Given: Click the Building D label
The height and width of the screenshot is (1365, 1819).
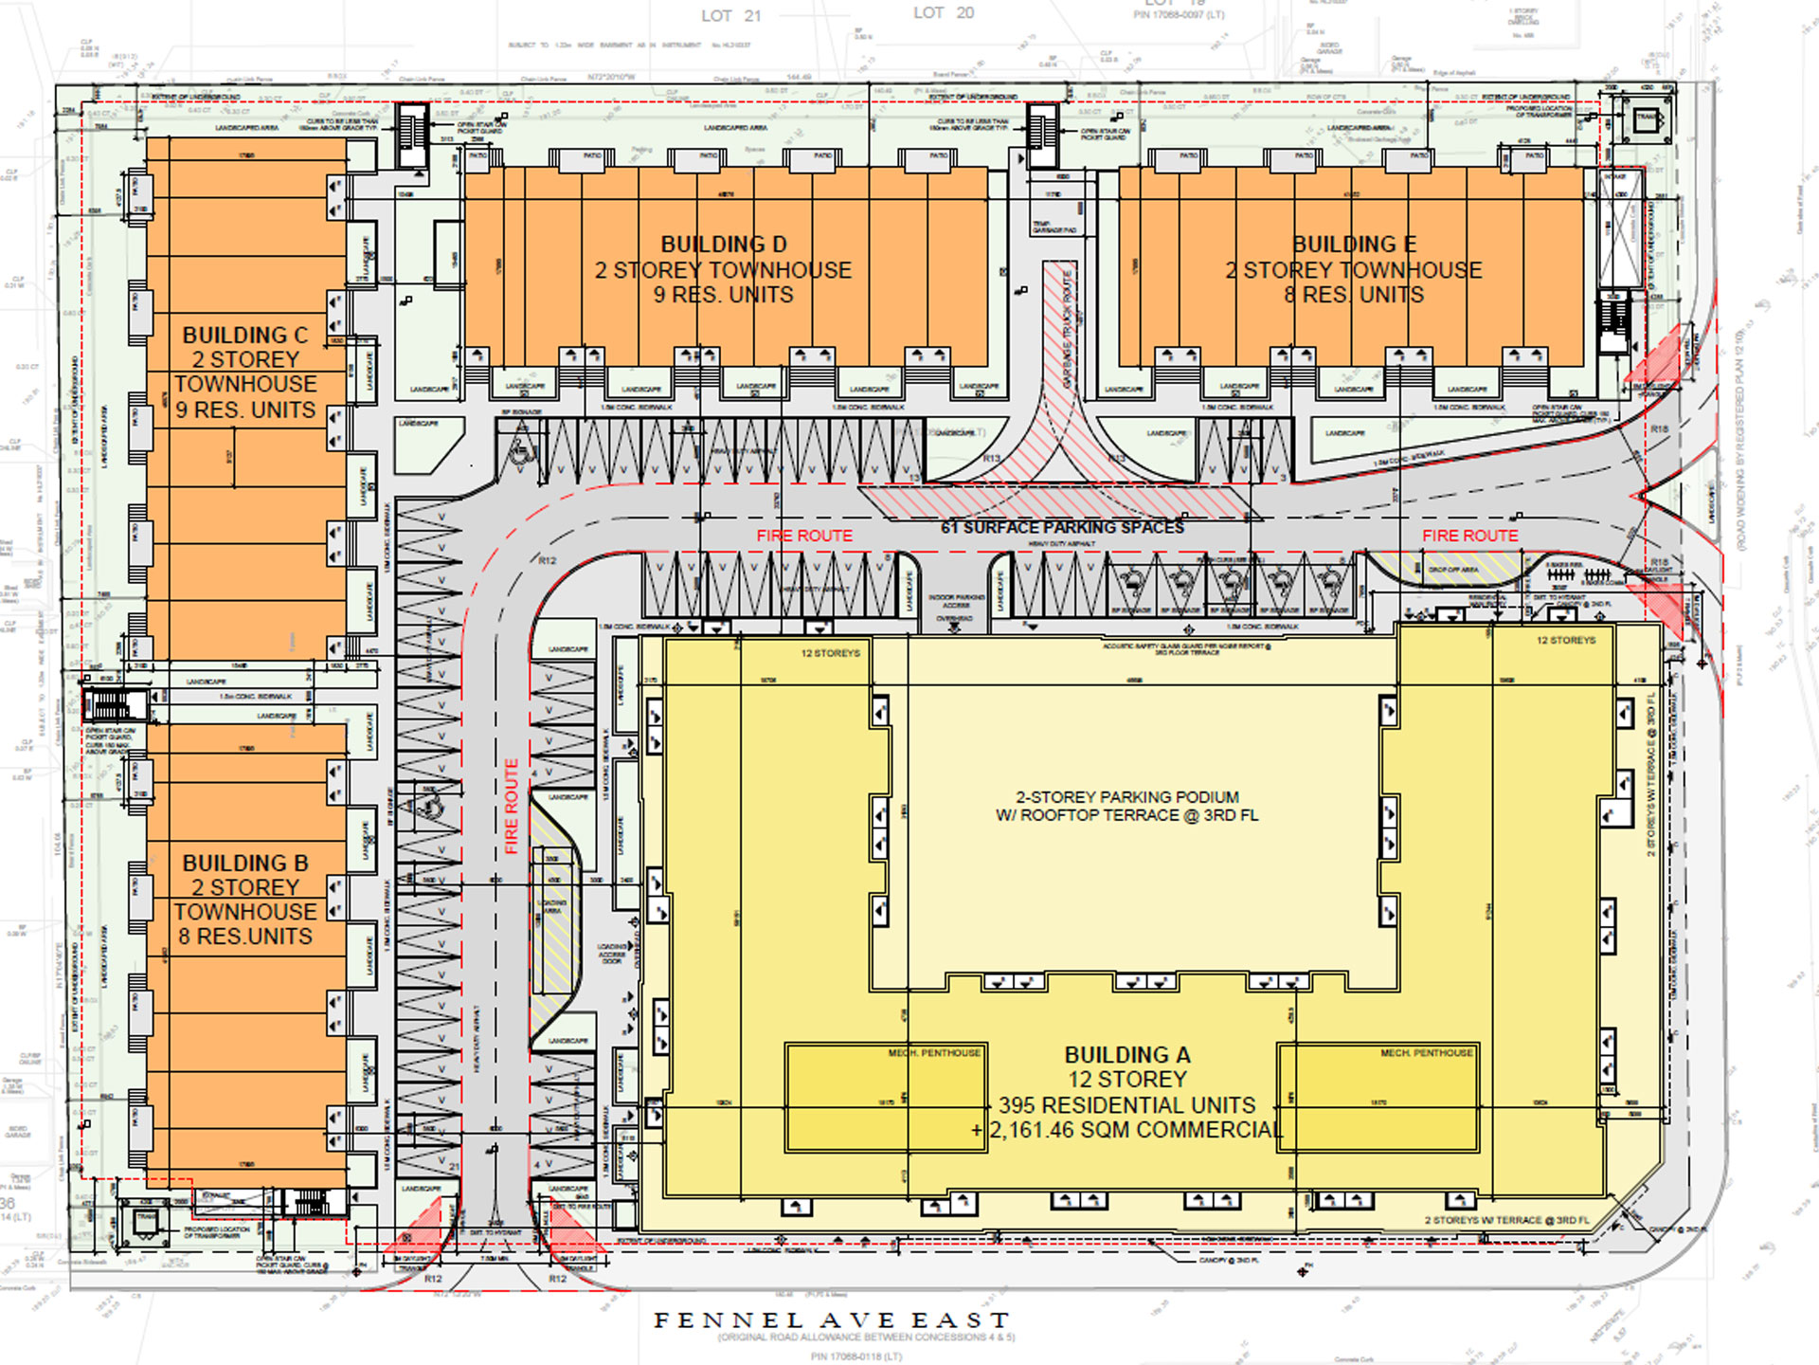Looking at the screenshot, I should [723, 245].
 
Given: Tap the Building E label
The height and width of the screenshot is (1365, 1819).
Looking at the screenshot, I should [1354, 245].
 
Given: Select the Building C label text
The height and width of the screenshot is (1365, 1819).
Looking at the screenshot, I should [244, 336].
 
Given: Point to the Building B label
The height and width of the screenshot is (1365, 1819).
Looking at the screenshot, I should [244, 864].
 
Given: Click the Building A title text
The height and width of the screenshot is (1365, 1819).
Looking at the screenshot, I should [1126, 1055].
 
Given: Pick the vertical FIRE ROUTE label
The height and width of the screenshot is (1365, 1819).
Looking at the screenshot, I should [512, 806].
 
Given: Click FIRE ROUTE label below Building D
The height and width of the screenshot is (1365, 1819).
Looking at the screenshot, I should [803, 537].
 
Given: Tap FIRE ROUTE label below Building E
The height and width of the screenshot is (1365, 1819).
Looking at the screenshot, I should [1469, 537].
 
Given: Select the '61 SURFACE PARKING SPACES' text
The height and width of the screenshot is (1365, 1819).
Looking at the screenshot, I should [1062, 527].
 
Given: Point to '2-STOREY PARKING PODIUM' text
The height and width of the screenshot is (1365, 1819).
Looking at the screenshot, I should [1126, 797].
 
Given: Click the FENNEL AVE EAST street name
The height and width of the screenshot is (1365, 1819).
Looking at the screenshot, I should [832, 1319].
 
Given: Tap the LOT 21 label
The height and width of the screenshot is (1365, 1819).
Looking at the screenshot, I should [730, 16].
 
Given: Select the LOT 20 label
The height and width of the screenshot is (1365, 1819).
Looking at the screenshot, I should [943, 13].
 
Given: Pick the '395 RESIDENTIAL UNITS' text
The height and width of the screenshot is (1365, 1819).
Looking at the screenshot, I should [1126, 1105].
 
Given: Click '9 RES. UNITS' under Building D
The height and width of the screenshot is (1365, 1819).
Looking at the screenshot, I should [723, 295].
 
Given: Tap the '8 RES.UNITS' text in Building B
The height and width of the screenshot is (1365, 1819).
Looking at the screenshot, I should [244, 937].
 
